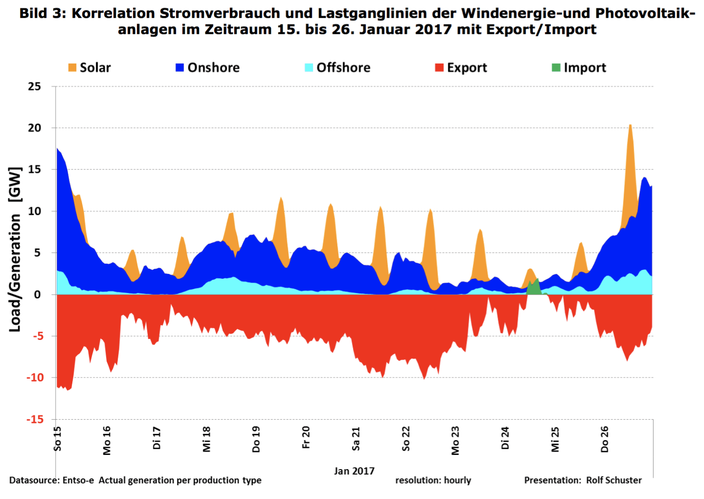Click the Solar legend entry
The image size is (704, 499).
[90, 68]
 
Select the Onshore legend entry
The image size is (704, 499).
[208, 68]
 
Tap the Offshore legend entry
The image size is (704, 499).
[337, 68]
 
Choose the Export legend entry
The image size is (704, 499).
[461, 68]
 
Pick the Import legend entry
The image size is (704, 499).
[579, 68]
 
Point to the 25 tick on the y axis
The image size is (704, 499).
[35, 87]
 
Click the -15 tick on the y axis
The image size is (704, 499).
[35, 419]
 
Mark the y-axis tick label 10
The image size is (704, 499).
[35, 211]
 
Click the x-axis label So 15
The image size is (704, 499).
[58, 439]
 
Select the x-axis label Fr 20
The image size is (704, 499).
[306, 437]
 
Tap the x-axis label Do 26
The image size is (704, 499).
[605, 439]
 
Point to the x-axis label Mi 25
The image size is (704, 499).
[555, 439]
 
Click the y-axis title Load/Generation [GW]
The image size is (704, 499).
[16, 249]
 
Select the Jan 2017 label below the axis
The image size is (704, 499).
[354, 471]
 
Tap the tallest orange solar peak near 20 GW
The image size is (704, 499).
[631, 147]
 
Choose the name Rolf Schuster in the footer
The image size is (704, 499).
[614, 480]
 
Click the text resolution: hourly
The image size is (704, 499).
[433, 480]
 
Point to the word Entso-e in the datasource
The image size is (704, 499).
[78, 480]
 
